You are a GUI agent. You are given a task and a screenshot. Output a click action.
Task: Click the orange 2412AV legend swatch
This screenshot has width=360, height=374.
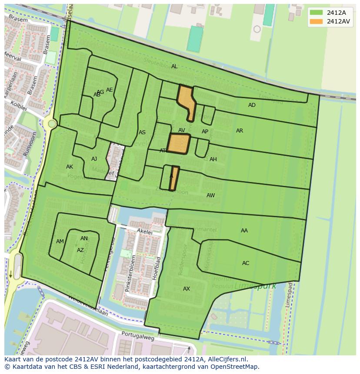[x=316, y=21]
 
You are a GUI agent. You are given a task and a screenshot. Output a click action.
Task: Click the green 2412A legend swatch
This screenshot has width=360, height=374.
[x=316, y=13]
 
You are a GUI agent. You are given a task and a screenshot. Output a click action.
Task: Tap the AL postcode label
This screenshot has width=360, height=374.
[x=174, y=66]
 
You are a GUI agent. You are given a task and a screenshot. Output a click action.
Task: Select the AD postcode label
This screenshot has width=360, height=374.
[x=252, y=105]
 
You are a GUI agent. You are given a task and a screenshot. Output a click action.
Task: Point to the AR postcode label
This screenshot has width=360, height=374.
[x=240, y=131]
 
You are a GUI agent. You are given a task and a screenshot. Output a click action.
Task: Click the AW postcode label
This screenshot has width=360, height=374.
[x=210, y=195]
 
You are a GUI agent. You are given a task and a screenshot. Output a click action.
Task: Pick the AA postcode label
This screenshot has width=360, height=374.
[x=244, y=231]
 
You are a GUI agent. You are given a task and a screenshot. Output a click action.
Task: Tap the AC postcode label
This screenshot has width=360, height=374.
[x=246, y=263]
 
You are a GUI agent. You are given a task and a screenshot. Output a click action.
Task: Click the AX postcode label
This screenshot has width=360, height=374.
[x=187, y=289]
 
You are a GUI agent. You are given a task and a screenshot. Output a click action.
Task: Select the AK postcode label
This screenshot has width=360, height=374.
[x=70, y=167]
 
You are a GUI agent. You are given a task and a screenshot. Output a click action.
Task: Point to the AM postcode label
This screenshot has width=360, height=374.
[x=60, y=242]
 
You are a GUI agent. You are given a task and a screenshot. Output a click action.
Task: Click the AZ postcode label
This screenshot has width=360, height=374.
[x=80, y=250]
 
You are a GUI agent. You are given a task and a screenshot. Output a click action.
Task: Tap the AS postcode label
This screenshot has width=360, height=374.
[x=142, y=132]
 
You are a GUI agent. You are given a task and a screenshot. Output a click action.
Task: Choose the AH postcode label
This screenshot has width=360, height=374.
[x=213, y=159]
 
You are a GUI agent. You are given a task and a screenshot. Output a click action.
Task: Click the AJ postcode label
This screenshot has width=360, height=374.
[x=94, y=159]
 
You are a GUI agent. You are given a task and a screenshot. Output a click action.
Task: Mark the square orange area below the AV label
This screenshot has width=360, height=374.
[x=179, y=143]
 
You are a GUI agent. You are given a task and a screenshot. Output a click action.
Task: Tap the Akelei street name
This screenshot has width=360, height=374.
[x=144, y=232]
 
